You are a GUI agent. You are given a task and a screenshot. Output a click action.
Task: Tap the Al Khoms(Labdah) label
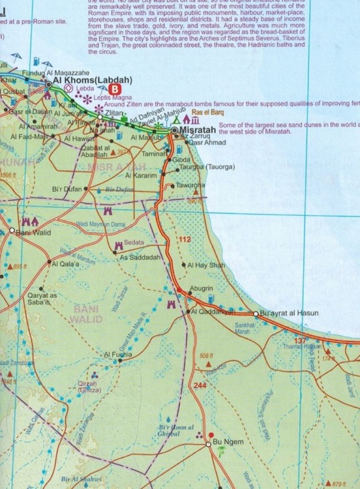[x=93, y=80]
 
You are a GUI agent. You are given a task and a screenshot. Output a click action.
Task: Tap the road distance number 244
[x=200, y=385]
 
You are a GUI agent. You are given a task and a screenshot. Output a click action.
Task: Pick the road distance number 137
[x=299, y=342]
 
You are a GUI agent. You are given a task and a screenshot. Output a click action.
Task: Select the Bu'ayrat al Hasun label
[x=289, y=314]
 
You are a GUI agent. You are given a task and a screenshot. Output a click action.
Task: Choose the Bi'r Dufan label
[x=66, y=189]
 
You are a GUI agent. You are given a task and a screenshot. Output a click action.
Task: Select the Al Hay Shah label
[x=206, y=265]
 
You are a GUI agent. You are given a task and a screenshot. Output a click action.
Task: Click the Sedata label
[x=134, y=243]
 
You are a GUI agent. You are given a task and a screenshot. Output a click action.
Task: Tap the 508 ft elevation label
[x=207, y=355]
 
